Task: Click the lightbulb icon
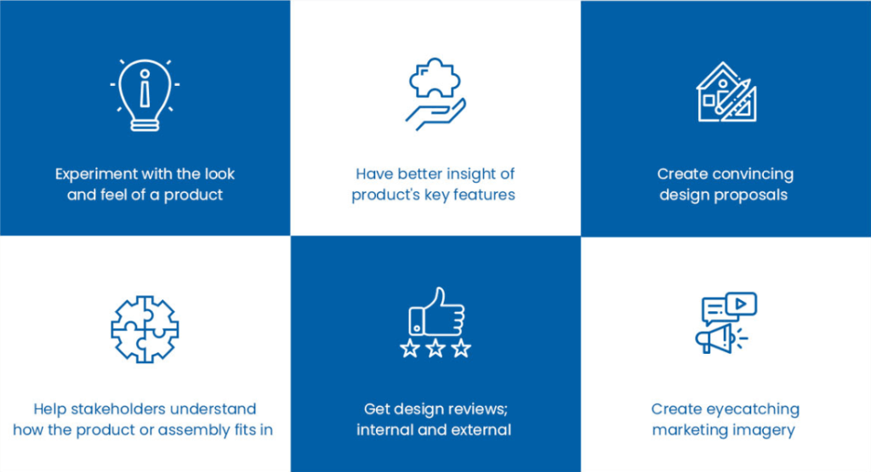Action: [145, 95]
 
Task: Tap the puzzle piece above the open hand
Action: [435, 77]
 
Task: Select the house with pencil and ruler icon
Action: [726, 92]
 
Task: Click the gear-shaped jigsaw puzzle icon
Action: [145, 329]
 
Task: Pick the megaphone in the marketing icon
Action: [714, 338]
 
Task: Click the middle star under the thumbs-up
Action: [435, 348]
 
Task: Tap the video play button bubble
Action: [741, 304]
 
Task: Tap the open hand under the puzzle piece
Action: [436, 114]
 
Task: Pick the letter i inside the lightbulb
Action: [145, 88]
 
